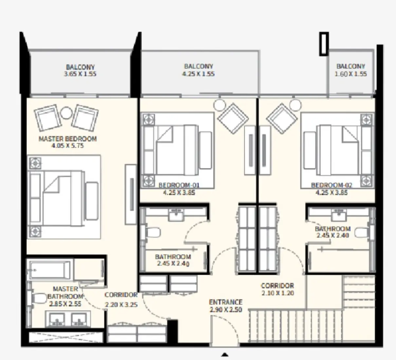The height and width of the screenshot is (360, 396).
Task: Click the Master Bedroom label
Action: (67, 139)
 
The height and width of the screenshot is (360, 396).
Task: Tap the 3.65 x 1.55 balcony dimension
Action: (80, 74)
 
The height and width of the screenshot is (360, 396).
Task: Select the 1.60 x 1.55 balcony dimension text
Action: (350, 74)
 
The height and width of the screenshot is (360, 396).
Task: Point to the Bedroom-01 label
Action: (179, 185)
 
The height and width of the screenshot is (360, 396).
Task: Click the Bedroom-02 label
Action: (331, 185)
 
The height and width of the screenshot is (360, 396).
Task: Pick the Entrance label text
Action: (226, 302)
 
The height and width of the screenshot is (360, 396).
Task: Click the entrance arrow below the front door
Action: (225, 354)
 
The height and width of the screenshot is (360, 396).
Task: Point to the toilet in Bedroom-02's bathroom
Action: (362, 233)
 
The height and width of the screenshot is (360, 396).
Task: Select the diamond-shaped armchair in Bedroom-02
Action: (282, 118)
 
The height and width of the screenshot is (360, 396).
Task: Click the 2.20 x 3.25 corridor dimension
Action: (121, 305)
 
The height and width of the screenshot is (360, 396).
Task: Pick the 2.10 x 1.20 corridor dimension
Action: (277, 293)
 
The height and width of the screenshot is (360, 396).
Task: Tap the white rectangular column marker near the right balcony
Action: (324, 44)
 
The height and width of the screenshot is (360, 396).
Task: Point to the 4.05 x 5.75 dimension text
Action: (67, 146)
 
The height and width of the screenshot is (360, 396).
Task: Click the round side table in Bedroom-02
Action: (295, 105)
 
